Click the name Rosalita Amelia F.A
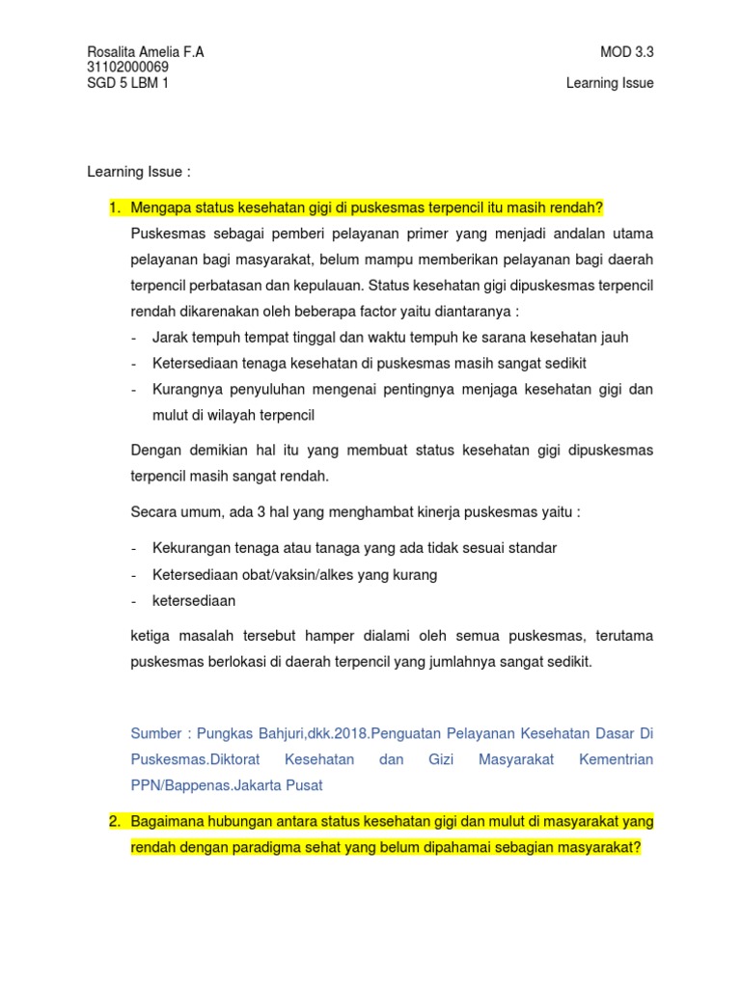[x=145, y=52]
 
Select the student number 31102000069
[x=127, y=68]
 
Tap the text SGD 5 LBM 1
[x=129, y=83]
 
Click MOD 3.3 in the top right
[x=626, y=52]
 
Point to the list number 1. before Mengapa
[x=114, y=207]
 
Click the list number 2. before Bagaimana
[x=114, y=822]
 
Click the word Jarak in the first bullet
[x=169, y=338]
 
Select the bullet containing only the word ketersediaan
[x=193, y=600]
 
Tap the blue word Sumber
[x=156, y=734]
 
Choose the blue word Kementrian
[x=616, y=760]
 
